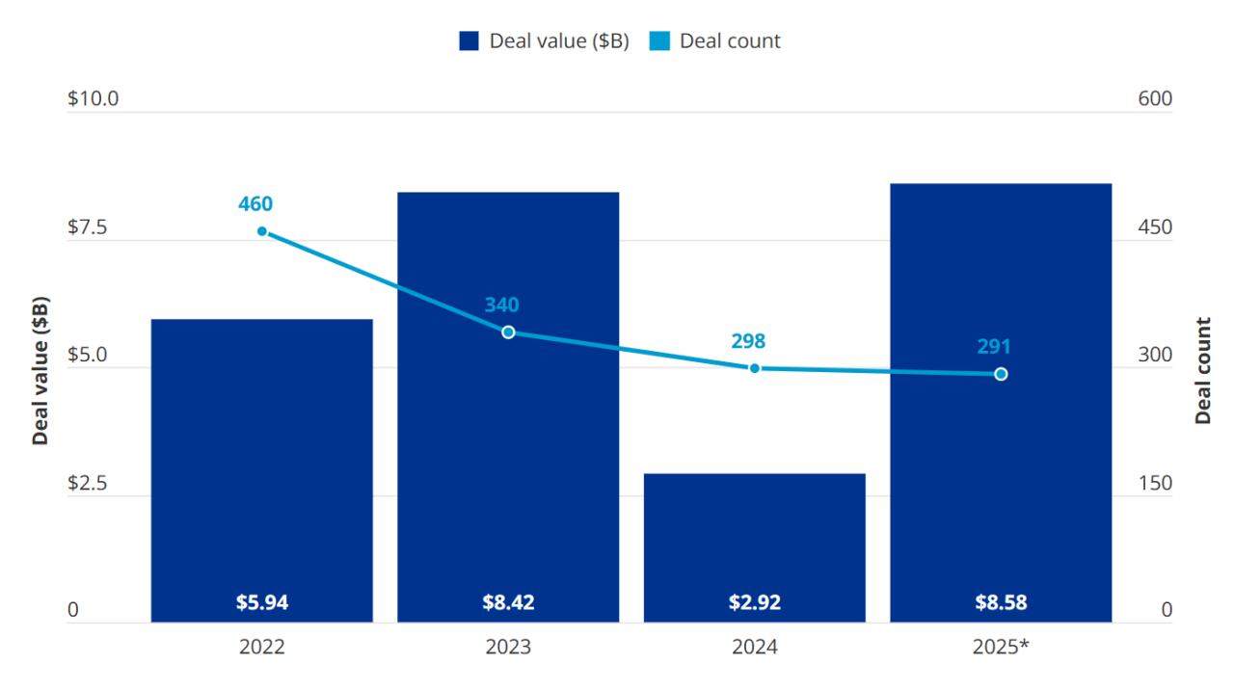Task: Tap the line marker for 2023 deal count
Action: click(x=508, y=332)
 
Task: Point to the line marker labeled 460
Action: click(x=262, y=231)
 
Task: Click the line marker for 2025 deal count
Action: click(x=1001, y=374)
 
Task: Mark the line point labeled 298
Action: click(x=755, y=368)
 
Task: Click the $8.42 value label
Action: click(x=508, y=603)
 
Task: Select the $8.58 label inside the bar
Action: click(x=1001, y=603)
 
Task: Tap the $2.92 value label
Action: click(x=755, y=603)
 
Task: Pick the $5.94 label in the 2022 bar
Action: click(x=262, y=603)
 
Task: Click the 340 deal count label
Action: click(x=501, y=306)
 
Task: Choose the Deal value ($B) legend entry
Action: click(x=545, y=40)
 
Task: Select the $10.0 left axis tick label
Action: click(x=93, y=99)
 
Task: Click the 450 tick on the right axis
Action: click(x=1155, y=228)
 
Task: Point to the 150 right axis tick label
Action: click(x=1155, y=484)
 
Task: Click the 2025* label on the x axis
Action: click(x=1001, y=648)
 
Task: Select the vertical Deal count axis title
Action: click(x=1203, y=370)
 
